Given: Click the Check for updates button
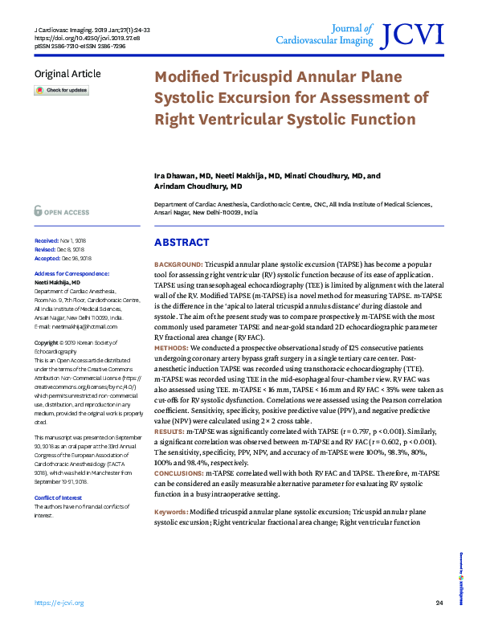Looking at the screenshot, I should click(x=61, y=91).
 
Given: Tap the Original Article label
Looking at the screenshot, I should click(x=67, y=74).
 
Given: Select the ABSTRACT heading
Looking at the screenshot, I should click(x=182, y=243).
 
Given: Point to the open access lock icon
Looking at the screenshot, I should click(x=38, y=211).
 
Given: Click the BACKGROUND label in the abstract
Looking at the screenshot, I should click(x=178, y=264).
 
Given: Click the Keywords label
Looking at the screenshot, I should click(x=171, y=511).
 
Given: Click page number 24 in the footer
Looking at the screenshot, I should click(x=439, y=603).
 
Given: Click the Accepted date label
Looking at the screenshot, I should click(x=48, y=258).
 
